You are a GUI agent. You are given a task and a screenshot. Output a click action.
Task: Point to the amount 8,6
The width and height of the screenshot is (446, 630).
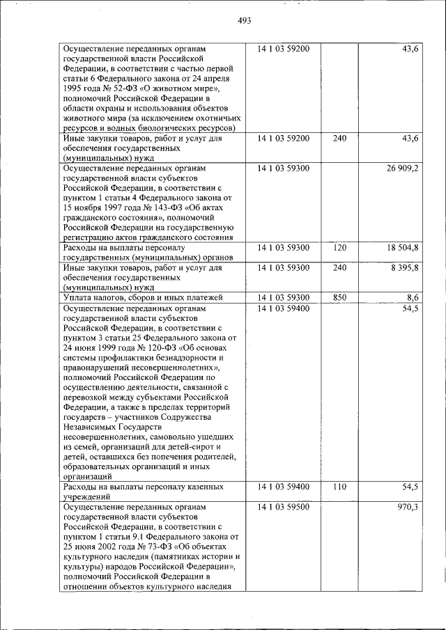tap(411, 297)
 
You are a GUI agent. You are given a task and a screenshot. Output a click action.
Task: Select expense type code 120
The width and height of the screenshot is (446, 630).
tap(339, 248)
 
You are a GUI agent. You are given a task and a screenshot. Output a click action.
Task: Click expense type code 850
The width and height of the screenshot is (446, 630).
tap(339, 297)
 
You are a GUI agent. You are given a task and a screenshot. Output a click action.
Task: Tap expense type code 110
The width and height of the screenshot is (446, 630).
tap(339, 487)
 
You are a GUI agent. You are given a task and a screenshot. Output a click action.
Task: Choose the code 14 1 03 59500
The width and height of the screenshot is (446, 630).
tap(283, 507)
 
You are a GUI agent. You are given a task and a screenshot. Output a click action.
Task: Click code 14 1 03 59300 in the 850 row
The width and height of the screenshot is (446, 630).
tap(283, 297)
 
